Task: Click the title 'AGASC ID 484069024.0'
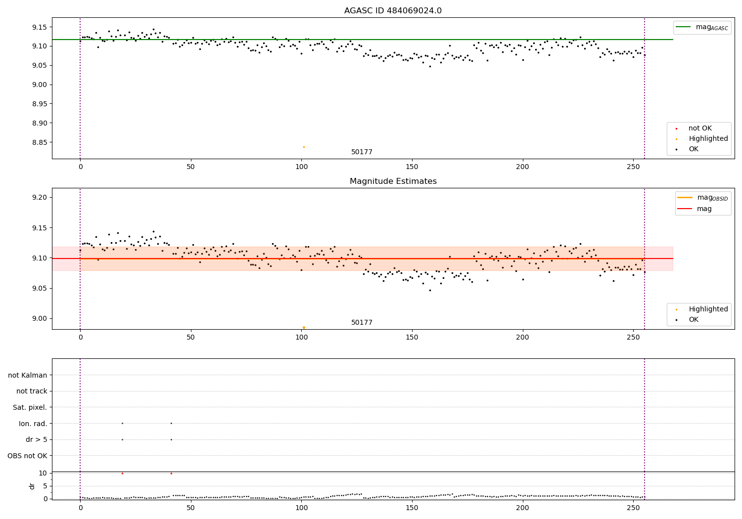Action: click(x=393, y=11)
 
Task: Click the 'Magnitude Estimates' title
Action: click(x=393, y=181)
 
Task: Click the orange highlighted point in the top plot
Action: click(x=304, y=147)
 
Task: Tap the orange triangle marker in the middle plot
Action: click(x=304, y=328)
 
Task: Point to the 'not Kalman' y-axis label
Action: click(x=28, y=375)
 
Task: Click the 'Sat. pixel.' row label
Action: click(x=30, y=407)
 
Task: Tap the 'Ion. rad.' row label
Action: click(x=33, y=424)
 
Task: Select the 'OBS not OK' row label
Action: click(x=27, y=456)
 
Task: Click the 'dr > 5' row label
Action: click(x=36, y=439)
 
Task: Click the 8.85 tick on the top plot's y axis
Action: click(x=39, y=142)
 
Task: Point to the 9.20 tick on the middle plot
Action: click(x=39, y=197)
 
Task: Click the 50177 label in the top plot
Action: click(x=362, y=152)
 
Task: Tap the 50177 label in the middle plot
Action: click(x=362, y=323)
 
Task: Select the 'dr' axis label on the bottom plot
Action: click(x=32, y=486)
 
